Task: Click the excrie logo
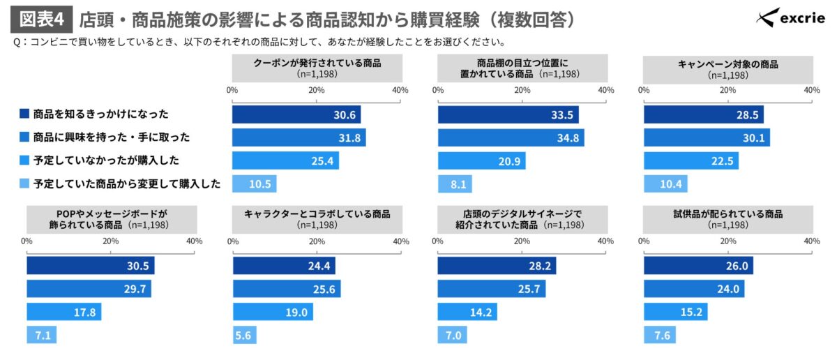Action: tap(792, 18)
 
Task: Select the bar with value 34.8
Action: tap(511, 137)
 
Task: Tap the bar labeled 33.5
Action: tap(508, 114)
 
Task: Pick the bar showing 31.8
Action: tap(299, 137)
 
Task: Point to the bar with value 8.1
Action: tap(454, 184)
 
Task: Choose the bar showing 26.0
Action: tap(698, 266)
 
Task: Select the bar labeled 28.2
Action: tap(497, 266)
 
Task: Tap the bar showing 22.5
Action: tap(691, 161)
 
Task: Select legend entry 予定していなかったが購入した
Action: tap(105, 160)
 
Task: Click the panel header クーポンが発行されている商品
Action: tap(317, 68)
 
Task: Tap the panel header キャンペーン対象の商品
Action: tap(727, 68)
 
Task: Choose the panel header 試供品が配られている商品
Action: tap(727, 218)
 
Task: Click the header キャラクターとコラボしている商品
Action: tap(317, 218)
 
